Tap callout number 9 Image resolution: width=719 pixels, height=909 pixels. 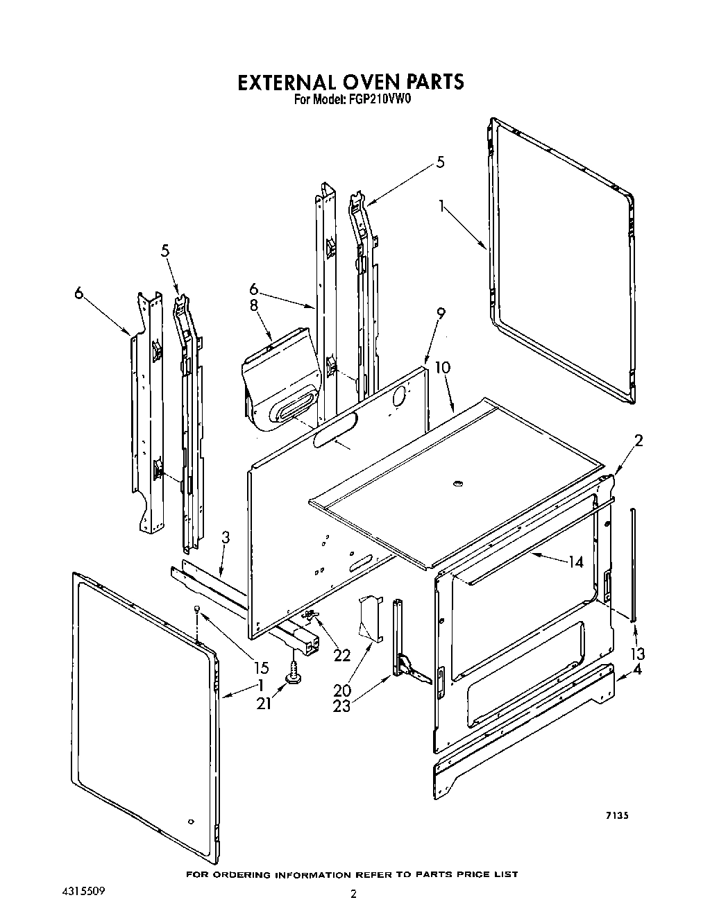point(440,333)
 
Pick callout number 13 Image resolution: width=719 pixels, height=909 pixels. point(638,653)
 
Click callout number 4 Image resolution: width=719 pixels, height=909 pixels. point(638,670)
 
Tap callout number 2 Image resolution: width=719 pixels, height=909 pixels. point(638,440)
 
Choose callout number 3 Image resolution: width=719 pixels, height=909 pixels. point(226,536)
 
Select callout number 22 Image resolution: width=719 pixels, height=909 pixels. point(341,654)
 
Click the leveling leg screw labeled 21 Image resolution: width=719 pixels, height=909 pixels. point(294,674)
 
